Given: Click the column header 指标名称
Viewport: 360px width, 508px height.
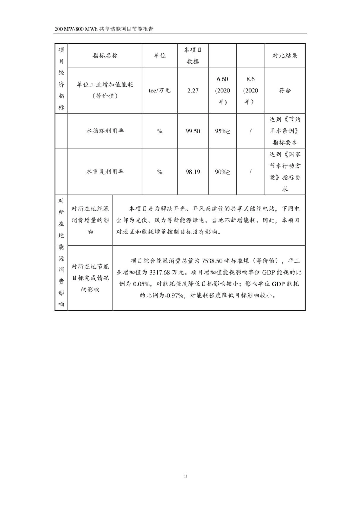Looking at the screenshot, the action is click(x=105, y=56).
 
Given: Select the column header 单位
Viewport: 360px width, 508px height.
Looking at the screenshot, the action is click(x=160, y=56).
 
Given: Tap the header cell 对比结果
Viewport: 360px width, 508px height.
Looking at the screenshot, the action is click(x=285, y=56).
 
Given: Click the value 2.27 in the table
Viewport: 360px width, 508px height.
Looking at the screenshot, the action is click(x=193, y=91).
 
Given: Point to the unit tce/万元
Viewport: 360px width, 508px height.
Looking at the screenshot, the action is click(x=160, y=91).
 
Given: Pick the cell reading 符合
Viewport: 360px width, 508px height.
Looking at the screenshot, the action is click(x=285, y=91).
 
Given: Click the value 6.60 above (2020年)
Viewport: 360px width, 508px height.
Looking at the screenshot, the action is click(x=222, y=79).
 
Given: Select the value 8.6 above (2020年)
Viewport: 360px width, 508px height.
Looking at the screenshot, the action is click(x=250, y=79).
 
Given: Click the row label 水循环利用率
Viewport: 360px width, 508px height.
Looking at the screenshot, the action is click(x=105, y=131).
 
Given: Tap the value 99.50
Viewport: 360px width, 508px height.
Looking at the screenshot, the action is click(x=193, y=131).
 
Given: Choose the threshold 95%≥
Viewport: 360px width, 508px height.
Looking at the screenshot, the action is click(x=222, y=131).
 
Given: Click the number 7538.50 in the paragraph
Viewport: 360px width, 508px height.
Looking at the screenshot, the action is click(x=212, y=261).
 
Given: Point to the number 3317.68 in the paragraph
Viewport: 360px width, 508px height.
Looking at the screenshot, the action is click(x=160, y=272).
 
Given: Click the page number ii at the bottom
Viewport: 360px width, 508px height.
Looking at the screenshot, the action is click(x=186, y=476).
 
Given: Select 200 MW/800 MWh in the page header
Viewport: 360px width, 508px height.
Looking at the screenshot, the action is click(x=76, y=29).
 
